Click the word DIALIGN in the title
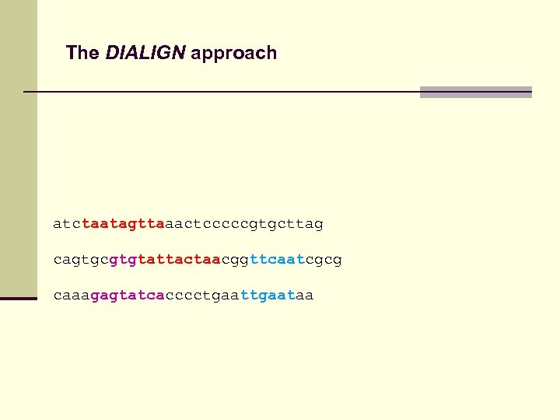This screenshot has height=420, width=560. pyautogui.click(x=145, y=53)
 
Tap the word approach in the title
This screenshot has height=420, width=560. pyautogui.click(x=233, y=54)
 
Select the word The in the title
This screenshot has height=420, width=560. pyautogui.click(x=82, y=53)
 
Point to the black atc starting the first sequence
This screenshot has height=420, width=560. pyautogui.click(x=67, y=224)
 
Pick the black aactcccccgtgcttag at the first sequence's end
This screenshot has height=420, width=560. pyautogui.click(x=243, y=224)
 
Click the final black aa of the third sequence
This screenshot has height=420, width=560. pyautogui.click(x=305, y=295)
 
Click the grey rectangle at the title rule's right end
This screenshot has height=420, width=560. pyautogui.click(x=475, y=92)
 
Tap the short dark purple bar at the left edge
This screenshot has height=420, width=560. pyautogui.click(x=19, y=298)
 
